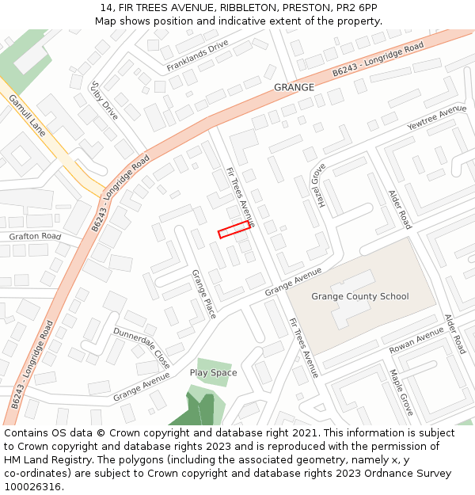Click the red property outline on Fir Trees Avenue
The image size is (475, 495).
pos(234,230)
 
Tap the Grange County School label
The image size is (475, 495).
pos(360,297)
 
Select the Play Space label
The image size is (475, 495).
pos(213,372)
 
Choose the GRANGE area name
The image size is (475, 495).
pos(294,87)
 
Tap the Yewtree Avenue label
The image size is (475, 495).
pos(436,118)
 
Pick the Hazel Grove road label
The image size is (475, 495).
pos(318,185)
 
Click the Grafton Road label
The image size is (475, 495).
pos(35,236)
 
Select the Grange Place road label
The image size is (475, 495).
pos(203,294)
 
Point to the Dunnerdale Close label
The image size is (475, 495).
pos(142,348)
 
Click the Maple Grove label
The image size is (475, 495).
pos(401,392)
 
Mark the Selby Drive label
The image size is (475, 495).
pos(104,100)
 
